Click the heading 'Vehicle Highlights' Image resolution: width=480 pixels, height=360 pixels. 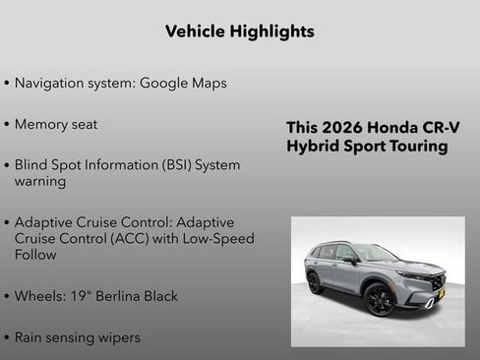point(240,31)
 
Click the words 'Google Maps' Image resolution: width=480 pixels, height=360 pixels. point(183,83)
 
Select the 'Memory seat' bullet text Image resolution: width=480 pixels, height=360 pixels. point(56,125)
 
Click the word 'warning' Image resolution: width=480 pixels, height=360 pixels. point(40,182)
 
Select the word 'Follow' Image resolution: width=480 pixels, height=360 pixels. point(35,255)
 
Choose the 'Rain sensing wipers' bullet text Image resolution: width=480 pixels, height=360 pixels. point(78,337)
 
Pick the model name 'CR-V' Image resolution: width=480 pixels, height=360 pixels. point(438,128)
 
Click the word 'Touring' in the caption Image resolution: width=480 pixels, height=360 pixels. point(415,147)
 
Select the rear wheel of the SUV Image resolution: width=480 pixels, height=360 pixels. point(315,283)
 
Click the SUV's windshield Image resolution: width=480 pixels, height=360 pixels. point(375,253)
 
